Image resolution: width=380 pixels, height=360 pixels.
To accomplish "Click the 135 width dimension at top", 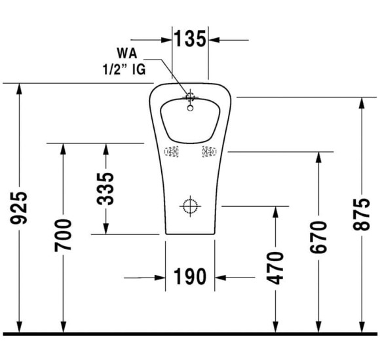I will click(190, 39).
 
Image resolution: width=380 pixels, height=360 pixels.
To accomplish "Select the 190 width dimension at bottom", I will click(190, 278).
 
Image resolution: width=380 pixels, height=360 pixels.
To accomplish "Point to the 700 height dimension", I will click(64, 236).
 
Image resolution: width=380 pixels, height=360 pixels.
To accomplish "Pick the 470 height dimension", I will click(277, 267).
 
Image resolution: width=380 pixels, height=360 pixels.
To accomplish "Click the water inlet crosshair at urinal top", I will click(191, 98).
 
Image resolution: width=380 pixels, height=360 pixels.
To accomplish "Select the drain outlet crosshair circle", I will click(190, 206).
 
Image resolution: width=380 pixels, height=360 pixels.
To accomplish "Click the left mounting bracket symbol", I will click(172, 152).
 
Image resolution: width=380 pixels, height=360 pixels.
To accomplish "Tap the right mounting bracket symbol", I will click(208, 152).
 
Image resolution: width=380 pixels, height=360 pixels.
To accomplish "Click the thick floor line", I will click(190, 334).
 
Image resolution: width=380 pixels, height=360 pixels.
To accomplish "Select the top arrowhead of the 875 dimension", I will click(362, 102).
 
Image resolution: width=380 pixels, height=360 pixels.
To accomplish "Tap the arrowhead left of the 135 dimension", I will click(166, 39).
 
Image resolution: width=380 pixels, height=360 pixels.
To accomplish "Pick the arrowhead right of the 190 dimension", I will click(221, 278).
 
